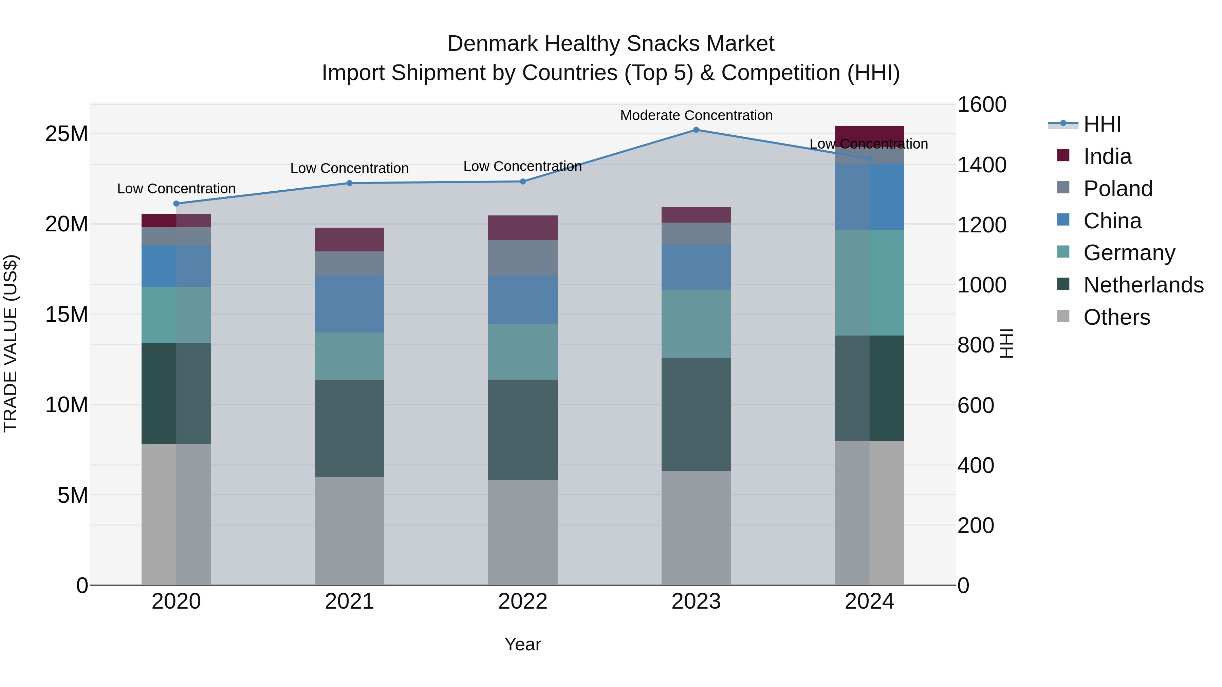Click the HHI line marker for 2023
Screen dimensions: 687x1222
pos(696,130)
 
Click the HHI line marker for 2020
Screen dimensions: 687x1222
pos(176,204)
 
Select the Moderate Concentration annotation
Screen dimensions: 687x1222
pos(696,115)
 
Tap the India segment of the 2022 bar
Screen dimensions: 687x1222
pos(523,228)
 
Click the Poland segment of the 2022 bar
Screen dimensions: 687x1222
pos(523,257)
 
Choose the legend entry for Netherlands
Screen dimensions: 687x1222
pos(1143,285)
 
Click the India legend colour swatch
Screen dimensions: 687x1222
pos(1063,155)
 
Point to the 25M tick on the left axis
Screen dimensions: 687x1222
pos(67,134)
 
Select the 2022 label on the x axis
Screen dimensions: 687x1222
pos(523,602)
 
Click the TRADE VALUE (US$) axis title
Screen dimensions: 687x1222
pos(11,343)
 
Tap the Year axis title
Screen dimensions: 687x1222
pos(523,644)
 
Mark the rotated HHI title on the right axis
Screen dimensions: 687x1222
pos(1006,343)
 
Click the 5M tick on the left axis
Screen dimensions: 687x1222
pos(73,495)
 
